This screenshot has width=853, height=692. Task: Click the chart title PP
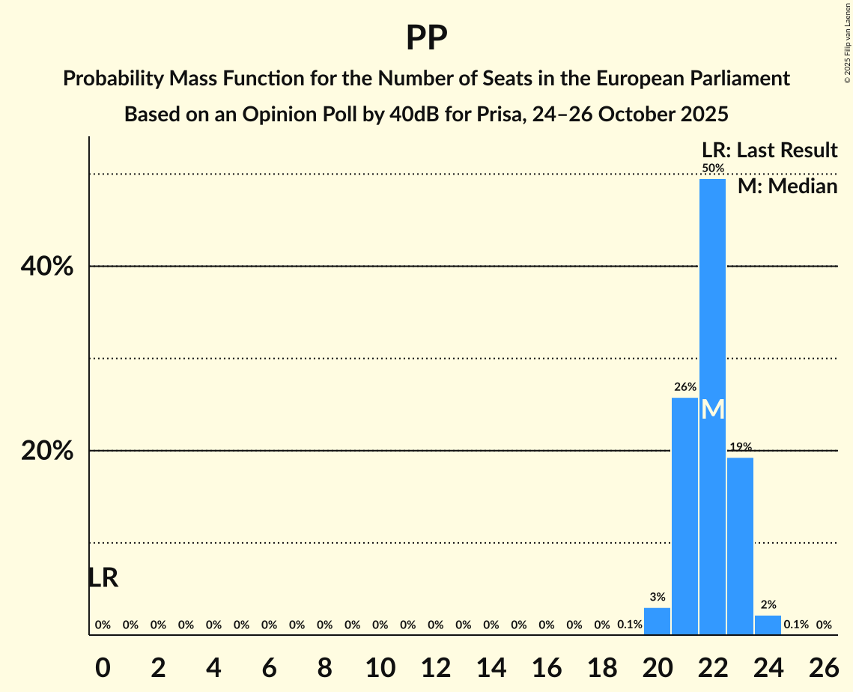427,37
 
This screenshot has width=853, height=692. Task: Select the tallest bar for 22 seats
712,300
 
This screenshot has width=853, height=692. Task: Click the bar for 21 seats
684,517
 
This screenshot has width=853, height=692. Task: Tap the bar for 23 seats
740,547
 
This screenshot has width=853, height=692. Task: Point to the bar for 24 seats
768,625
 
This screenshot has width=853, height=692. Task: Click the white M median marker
713,409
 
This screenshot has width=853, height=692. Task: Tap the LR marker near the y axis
103,577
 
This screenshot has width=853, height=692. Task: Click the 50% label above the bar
713,169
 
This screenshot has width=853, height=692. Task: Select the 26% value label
684,387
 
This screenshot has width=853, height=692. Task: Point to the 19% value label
740,447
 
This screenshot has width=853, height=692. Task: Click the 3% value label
658,597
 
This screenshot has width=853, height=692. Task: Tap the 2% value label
768,604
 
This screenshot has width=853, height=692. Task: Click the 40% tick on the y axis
52,267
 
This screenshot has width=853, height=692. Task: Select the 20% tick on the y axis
52,451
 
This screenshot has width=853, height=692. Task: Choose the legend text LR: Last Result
769,151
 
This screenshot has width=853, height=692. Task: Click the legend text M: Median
787,186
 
